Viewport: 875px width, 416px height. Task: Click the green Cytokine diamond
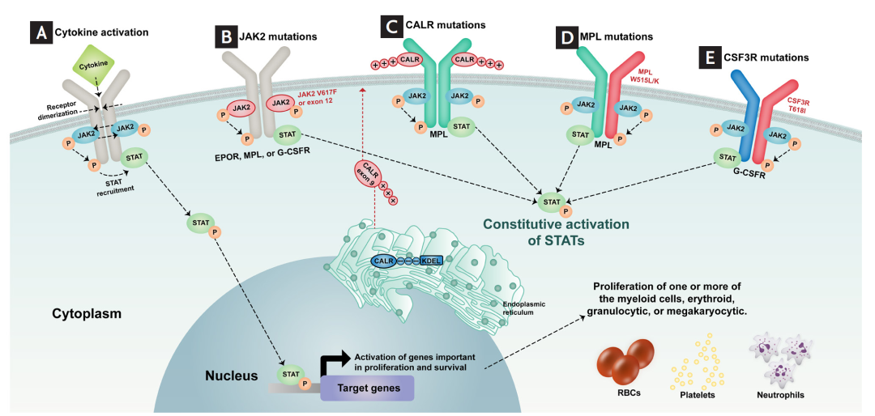click(x=95, y=62)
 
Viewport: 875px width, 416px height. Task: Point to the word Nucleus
click(x=231, y=376)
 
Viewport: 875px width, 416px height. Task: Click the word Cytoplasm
click(x=87, y=312)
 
